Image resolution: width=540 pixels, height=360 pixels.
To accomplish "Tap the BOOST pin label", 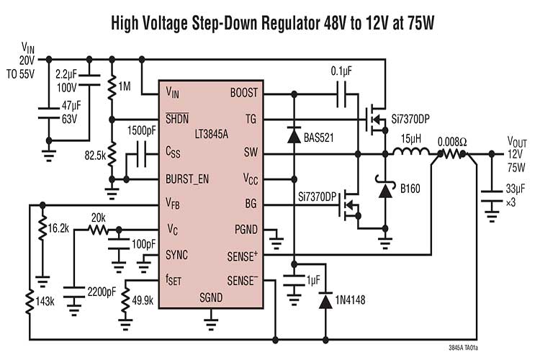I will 243,93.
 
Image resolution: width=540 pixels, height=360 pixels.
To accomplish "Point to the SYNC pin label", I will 177,255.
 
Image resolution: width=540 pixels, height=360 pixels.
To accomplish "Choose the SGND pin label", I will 210,296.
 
